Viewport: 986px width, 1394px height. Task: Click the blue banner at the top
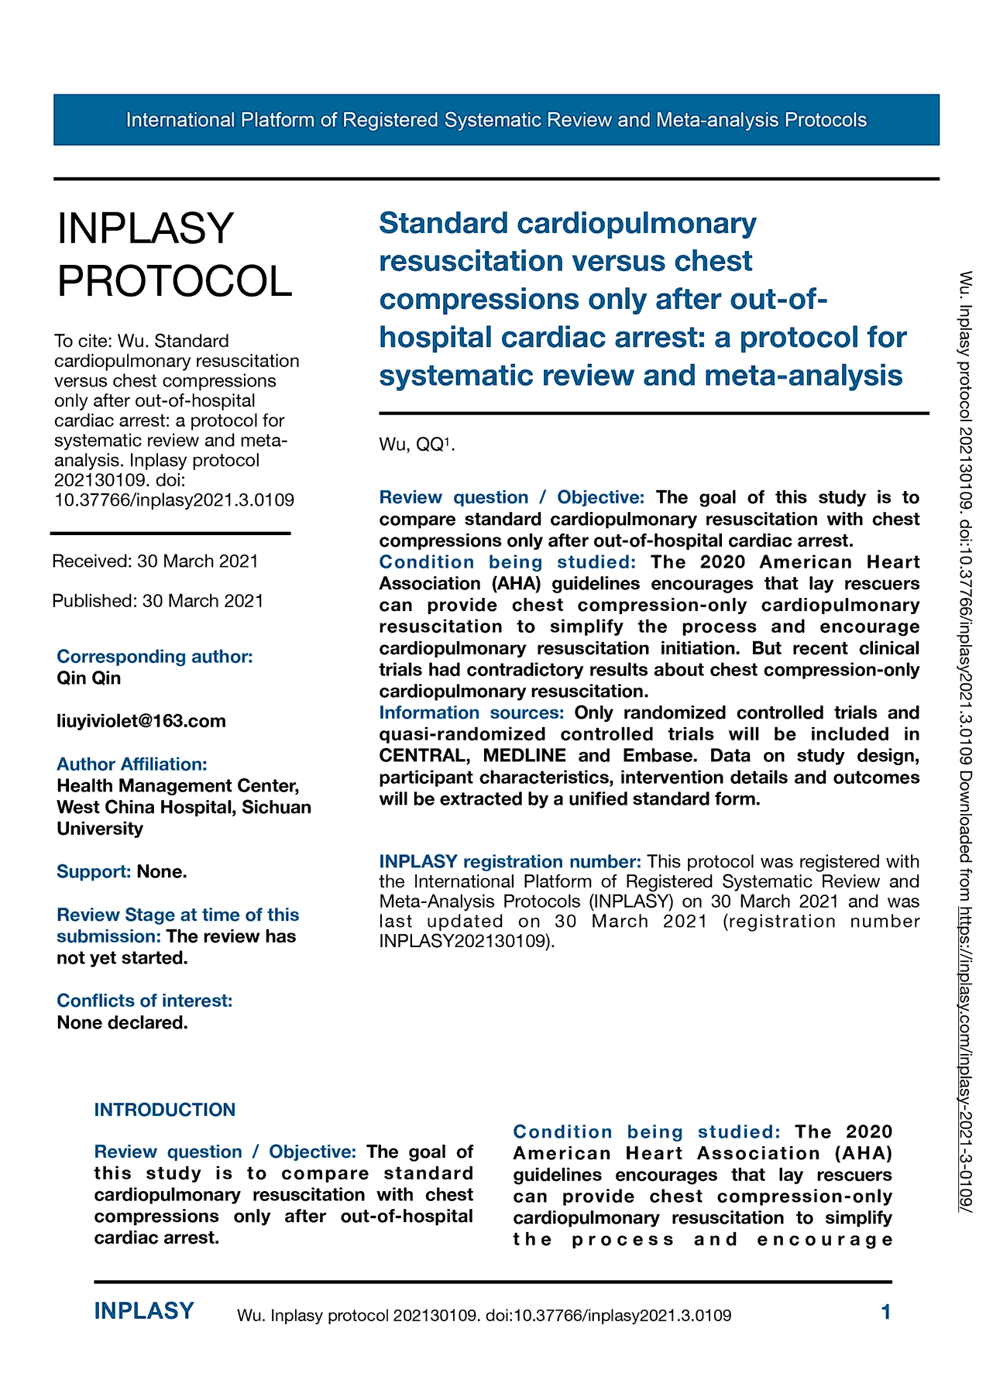click(496, 120)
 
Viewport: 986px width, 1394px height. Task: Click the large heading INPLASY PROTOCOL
click(175, 255)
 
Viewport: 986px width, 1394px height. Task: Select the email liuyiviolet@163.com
click(141, 721)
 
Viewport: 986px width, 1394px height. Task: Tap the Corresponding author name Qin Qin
click(88, 678)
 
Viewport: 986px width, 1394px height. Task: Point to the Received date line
click(155, 561)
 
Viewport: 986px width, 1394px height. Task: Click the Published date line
click(158, 601)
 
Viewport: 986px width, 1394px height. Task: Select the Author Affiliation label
click(132, 764)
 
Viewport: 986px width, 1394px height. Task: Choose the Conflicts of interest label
click(144, 1001)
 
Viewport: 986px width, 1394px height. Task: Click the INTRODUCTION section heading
click(164, 1110)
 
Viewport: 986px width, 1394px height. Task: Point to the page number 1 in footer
click(886, 1312)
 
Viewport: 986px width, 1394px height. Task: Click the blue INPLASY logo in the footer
click(144, 1311)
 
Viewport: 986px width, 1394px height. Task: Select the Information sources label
click(471, 712)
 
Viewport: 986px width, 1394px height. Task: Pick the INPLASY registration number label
click(510, 861)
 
